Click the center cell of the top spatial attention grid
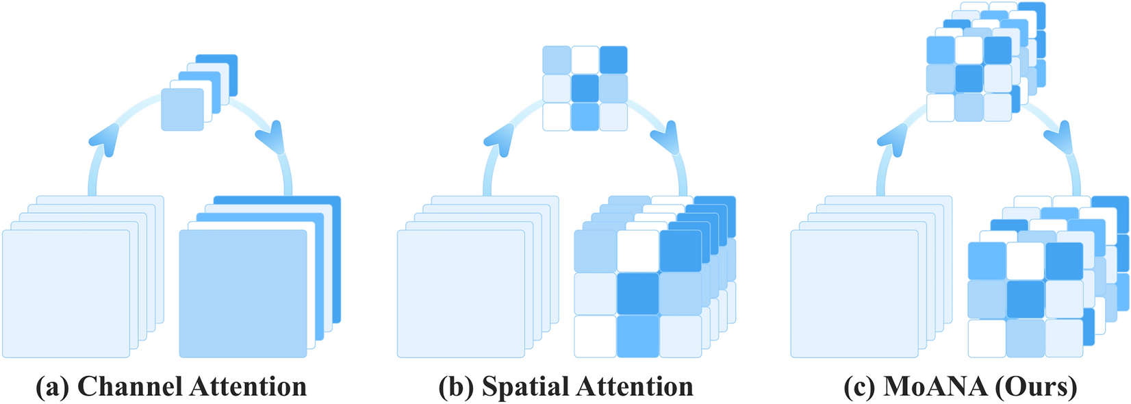tap(585, 88)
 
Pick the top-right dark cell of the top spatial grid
tap(613, 60)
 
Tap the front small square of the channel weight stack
tap(182, 109)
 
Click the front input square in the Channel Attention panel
tap(66, 293)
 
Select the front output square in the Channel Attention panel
tap(243, 293)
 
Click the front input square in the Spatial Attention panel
tap(461, 293)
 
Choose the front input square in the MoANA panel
tap(854, 293)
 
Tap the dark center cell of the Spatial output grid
tap(638, 294)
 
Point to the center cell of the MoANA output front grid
tap(1026, 299)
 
